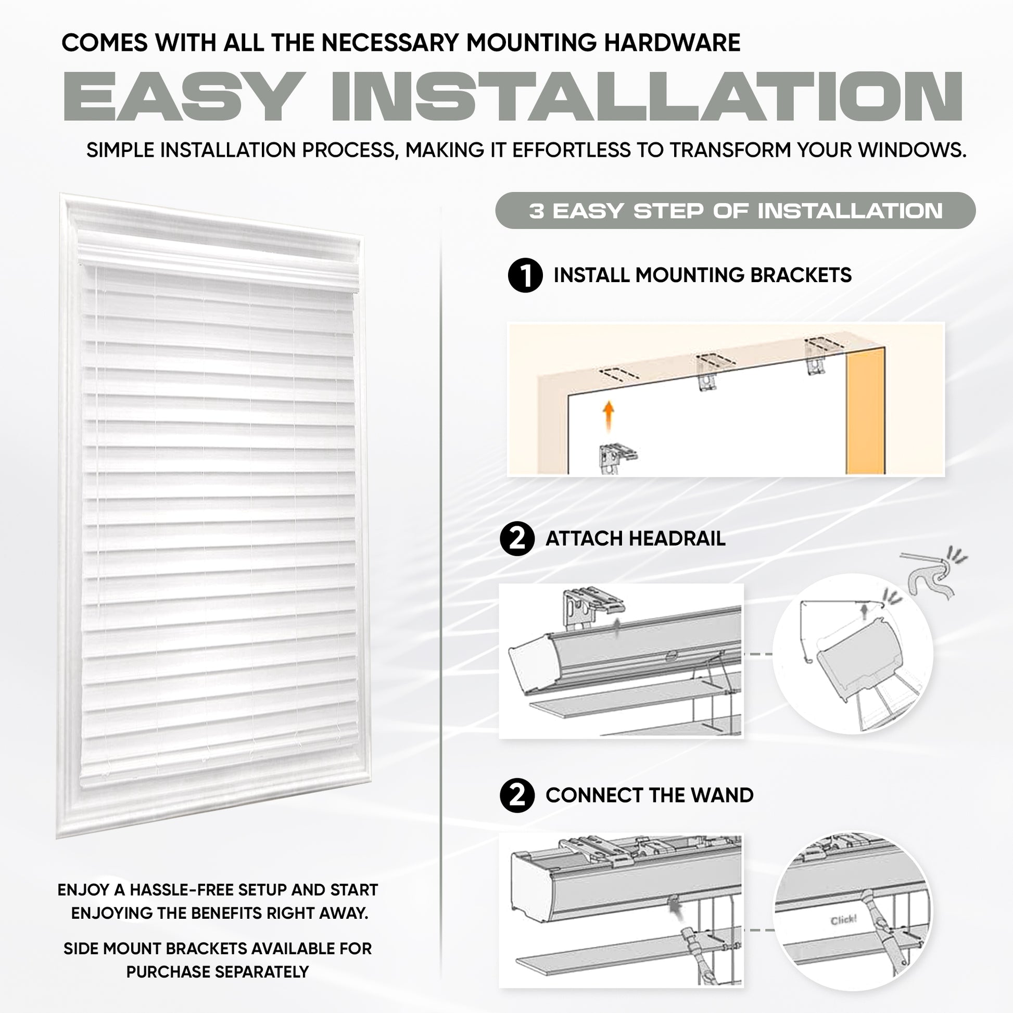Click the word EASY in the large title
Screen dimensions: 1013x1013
pyautogui.click(x=181, y=97)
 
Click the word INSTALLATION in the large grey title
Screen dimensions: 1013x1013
pyautogui.click(x=647, y=97)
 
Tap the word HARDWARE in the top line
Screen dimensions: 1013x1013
pyautogui.click(x=672, y=43)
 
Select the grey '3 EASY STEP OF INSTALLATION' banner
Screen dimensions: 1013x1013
pyautogui.click(x=735, y=211)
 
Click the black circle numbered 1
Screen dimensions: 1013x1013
pyautogui.click(x=525, y=275)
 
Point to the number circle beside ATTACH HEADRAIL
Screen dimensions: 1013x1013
pyautogui.click(x=517, y=538)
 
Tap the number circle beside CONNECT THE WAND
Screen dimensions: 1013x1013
pyautogui.click(x=517, y=795)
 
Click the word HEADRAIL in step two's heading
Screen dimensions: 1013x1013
pyautogui.click(x=677, y=538)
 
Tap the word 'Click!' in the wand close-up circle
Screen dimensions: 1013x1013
pyautogui.click(x=843, y=920)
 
